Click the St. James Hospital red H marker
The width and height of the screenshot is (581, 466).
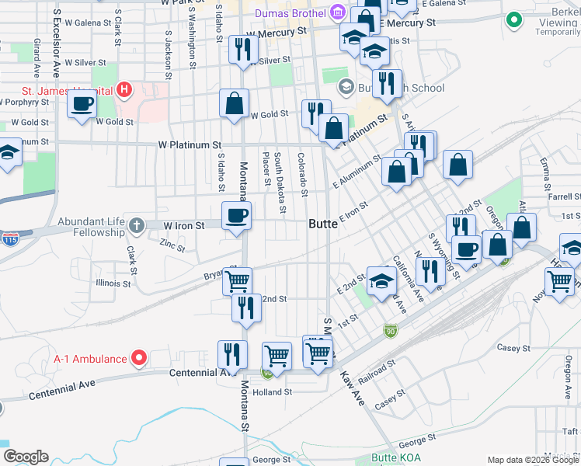point(123,90)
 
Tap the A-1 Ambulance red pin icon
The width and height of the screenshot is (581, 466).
point(139,358)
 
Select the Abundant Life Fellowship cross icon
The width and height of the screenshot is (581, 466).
point(137,226)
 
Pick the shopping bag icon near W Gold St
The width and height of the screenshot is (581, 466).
point(234,103)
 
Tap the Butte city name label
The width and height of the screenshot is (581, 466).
point(323,224)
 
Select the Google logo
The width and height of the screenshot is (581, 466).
point(25,457)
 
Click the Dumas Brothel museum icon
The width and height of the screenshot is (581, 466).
point(337,12)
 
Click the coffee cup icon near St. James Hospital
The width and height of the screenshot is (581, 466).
point(82,103)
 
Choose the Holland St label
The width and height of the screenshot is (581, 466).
point(273,392)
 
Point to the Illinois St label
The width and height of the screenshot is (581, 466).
point(113,283)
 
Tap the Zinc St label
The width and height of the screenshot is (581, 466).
point(172,245)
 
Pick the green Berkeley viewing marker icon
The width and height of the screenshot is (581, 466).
point(513,20)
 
